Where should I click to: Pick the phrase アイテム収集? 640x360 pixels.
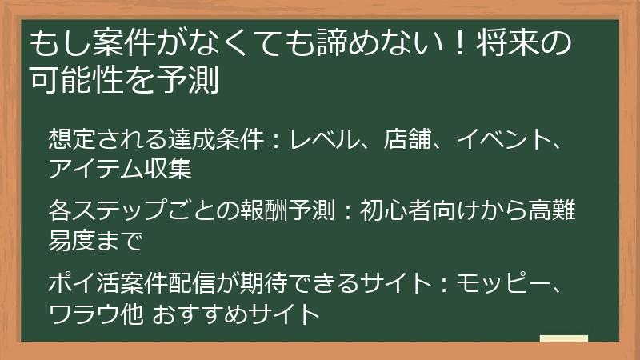[121, 167]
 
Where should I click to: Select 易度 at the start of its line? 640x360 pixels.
[68, 240]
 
